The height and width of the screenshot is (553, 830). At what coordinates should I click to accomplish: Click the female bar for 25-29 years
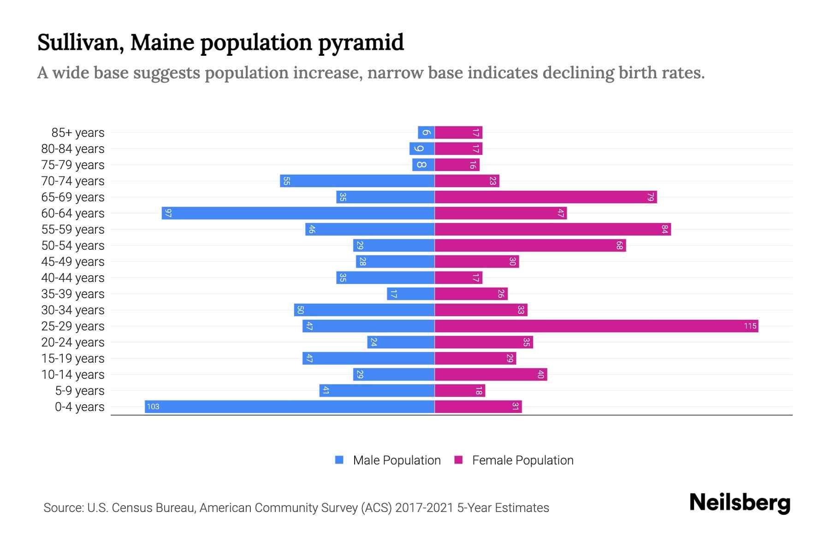(x=596, y=326)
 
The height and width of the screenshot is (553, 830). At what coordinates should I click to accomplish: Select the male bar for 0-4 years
(x=290, y=407)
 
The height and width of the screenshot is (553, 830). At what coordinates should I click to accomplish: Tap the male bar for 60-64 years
(x=298, y=213)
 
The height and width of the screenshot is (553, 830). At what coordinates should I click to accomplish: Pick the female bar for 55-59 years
(x=552, y=229)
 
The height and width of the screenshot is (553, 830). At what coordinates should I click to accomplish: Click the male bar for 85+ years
(x=426, y=133)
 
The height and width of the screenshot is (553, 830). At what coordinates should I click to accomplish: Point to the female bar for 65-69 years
(x=545, y=197)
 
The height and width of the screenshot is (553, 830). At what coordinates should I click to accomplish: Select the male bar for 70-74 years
(x=357, y=181)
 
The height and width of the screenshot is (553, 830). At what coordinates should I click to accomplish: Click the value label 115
(x=750, y=326)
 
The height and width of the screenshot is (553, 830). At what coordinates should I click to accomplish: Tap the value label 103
(x=153, y=407)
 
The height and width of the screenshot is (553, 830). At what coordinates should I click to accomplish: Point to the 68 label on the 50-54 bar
(x=619, y=246)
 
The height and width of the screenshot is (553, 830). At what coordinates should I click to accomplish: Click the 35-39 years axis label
(x=73, y=294)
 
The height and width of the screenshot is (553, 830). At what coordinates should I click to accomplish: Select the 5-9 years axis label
(x=79, y=391)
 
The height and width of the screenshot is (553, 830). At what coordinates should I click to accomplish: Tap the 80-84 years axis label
(x=73, y=149)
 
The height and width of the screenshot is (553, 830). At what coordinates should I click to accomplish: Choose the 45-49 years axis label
(x=73, y=262)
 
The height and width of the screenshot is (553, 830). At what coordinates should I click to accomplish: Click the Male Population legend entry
(x=397, y=460)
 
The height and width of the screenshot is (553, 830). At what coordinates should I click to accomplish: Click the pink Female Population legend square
(x=458, y=460)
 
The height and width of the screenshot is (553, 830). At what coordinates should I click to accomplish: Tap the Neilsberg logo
(x=740, y=503)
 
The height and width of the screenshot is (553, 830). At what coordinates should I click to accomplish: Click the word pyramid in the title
(x=361, y=43)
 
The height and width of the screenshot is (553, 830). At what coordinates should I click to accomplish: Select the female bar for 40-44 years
(x=458, y=278)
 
